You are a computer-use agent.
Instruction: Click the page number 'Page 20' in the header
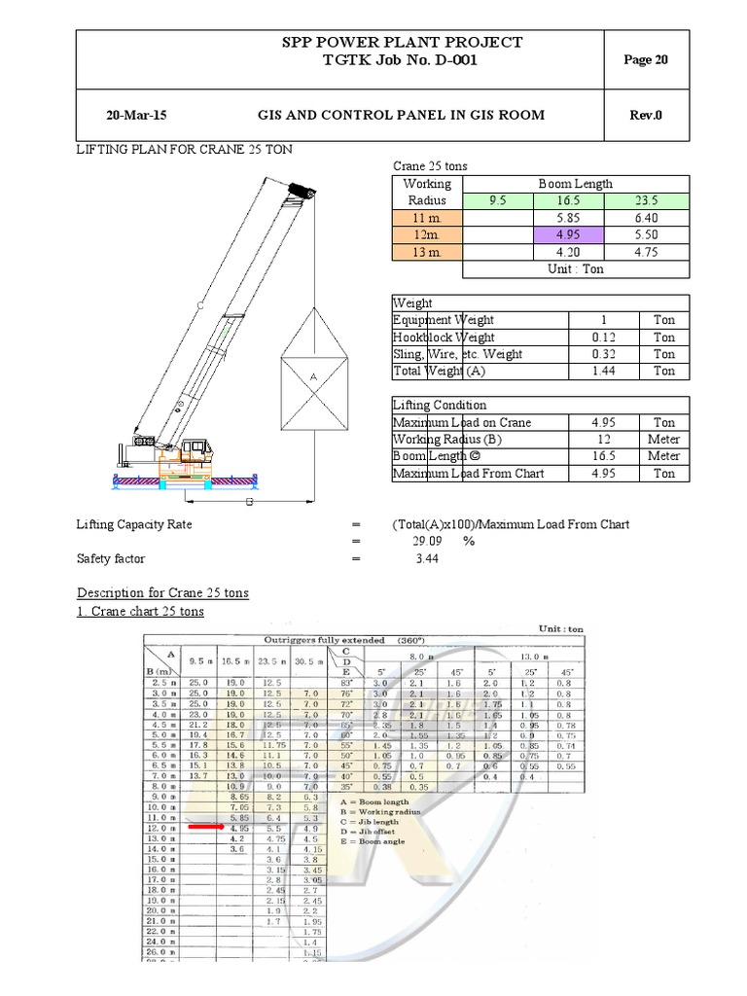(646, 60)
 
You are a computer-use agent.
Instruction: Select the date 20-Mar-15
(136, 115)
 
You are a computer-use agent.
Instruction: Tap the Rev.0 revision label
(646, 115)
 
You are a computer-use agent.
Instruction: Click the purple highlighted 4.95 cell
(569, 235)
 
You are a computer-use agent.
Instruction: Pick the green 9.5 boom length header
(497, 201)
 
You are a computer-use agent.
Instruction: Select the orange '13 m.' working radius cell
(427, 253)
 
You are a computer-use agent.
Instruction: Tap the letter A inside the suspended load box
(313, 375)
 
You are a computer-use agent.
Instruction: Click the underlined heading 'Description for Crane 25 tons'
(162, 593)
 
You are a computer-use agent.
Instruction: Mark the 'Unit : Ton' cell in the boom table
(576, 269)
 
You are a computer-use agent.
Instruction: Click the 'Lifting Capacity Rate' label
(134, 524)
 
